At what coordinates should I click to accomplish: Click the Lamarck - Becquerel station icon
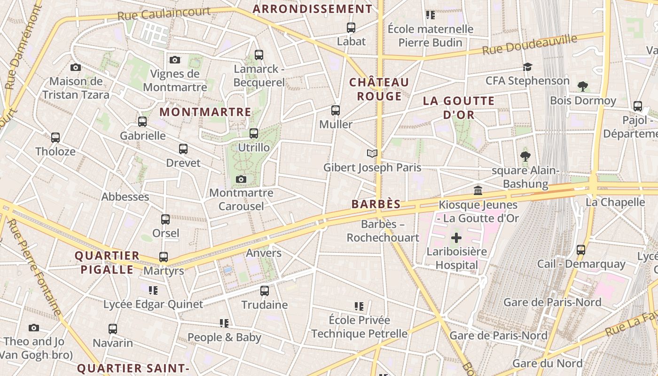258,55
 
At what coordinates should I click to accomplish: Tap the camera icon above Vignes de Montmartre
175,60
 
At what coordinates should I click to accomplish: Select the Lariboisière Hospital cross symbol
456,238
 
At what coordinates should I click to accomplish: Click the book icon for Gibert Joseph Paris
372,154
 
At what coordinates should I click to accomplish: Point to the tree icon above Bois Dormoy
583,86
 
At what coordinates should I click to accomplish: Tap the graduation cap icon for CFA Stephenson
527,67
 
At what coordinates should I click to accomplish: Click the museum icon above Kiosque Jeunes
478,190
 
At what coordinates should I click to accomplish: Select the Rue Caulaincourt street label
164,14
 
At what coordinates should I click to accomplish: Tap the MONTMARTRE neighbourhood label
205,112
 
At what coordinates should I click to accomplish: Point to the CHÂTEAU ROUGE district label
379,89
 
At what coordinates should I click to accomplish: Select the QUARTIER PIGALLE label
107,263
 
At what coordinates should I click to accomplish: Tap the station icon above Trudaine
265,290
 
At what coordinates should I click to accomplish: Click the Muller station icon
336,110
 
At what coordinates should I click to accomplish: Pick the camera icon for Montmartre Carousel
241,179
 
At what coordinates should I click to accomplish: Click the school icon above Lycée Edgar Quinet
153,290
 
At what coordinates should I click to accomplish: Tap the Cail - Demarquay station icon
581,250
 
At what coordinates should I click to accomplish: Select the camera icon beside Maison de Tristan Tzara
76,67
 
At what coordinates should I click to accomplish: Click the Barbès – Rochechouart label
383,231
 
